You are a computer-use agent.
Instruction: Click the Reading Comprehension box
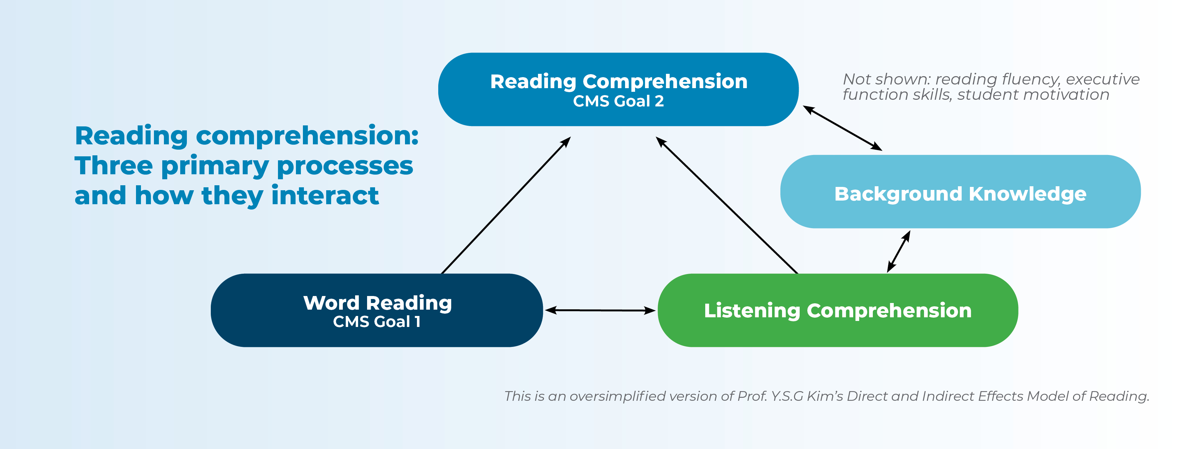[618, 89]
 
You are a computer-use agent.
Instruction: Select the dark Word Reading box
[377, 310]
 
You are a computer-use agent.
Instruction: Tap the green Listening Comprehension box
[838, 310]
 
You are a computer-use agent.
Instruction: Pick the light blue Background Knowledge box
[961, 192]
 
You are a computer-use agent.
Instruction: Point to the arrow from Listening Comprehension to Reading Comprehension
[727, 205]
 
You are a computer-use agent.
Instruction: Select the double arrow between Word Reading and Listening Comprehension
[600, 310]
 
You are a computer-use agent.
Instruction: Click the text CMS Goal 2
[618, 101]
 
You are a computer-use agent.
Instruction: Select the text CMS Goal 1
[377, 322]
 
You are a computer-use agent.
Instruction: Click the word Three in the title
[114, 166]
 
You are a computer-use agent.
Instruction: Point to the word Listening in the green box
[752, 311]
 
